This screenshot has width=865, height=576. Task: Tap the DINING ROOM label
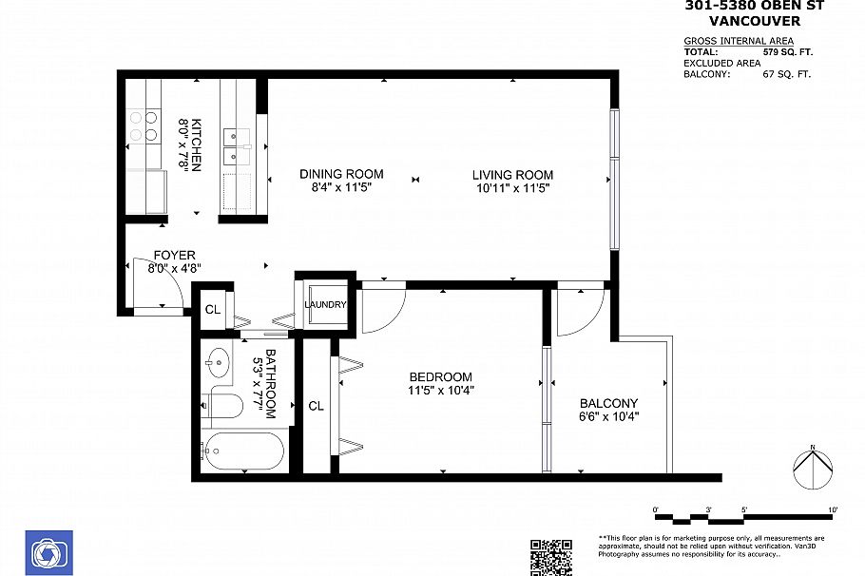point(341,174)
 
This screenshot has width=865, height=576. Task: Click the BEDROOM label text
point(440,377)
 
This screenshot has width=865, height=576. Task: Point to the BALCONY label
point(607,403)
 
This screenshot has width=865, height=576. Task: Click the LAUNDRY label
point(325,304)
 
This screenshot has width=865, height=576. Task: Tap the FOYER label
point(174,256)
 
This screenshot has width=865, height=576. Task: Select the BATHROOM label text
point(271,384)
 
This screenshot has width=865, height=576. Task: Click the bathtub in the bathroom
point(243,451)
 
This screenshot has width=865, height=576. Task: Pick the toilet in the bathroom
point(221,405)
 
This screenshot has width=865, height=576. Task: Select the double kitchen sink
point(235,144)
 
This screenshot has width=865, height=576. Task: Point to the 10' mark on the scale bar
point(833,510)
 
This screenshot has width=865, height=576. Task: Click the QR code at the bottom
point(550,557)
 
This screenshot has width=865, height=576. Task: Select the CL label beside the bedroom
point(316,405)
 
